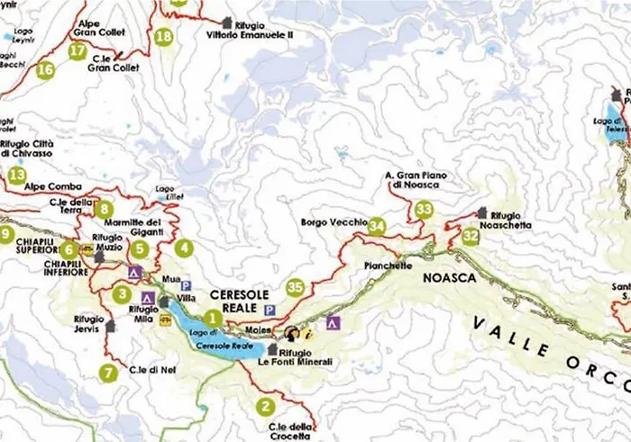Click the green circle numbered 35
pos(295,288)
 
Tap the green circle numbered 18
pos(163,37)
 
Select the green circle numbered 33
pos(424,209)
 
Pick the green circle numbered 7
pos(109,372)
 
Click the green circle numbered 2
pos(265,405)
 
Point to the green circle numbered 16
pos(46,68)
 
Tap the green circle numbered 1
pos(212,317)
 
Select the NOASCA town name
pos(449,279)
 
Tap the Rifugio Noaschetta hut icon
pos(482,213)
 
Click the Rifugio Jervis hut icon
pos(111,326)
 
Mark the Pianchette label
pos(389,266)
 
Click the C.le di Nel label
pos(151,370)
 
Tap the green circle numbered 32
pos(471,237)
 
